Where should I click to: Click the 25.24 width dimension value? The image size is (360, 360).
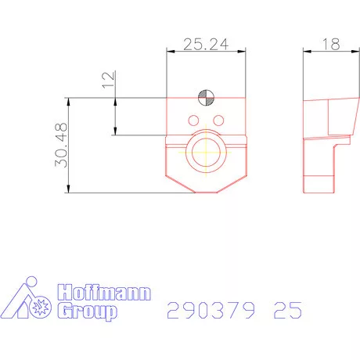(x=205, y=45)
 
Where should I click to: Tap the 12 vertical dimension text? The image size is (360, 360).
(x=109, y=78)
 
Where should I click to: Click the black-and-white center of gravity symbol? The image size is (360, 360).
(x=206, y=98)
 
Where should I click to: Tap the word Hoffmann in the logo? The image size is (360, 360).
(x=105, y=295)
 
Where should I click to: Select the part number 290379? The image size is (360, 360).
(x=211, y=311)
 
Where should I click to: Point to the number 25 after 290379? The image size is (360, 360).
(x=287, y=311)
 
